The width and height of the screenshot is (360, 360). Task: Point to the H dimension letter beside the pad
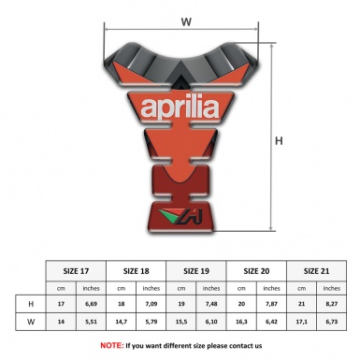[278, 141]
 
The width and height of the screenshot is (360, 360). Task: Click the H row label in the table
[32, 305]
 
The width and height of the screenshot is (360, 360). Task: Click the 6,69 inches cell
[92, 305]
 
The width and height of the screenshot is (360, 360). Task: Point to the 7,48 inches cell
[213, 305]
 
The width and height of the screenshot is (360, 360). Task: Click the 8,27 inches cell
[335, 305]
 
